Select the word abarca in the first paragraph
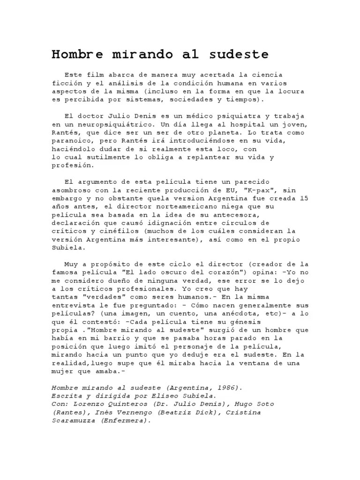point(118,75)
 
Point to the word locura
point(291,91)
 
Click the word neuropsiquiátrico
point(107,124)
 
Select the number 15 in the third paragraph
point(303,198)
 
